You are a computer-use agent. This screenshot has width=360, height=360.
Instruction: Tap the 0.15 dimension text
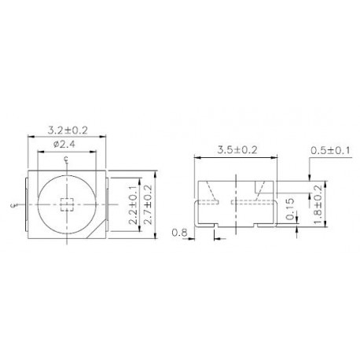click(292, 211)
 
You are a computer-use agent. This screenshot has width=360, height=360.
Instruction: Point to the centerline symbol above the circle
click(66, 161)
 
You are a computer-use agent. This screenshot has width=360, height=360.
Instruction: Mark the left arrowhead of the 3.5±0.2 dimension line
click(197, 158)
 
